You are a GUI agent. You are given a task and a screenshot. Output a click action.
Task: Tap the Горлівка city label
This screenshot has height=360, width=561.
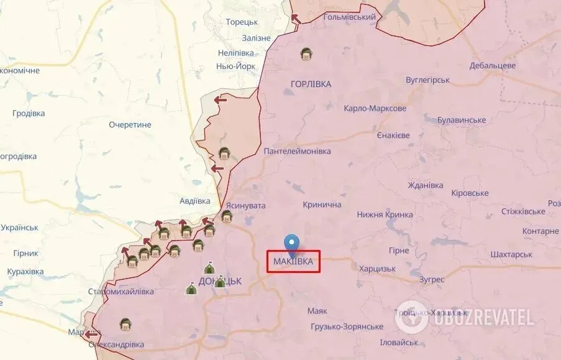click(311, 84)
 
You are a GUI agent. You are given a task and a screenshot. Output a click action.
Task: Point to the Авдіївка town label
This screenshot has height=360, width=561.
click(194, 201)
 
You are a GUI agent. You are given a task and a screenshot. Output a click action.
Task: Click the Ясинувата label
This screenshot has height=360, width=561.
click(245, 205)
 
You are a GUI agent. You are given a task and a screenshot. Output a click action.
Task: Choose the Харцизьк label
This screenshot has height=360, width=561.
click(377, 269)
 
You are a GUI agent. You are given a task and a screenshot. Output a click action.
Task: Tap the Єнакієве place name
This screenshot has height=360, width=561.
click(393, 135)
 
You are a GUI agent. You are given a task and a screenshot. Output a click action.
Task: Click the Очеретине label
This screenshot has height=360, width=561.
click(130, 124)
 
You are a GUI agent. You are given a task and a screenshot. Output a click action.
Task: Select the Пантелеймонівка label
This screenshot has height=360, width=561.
click(297, 151)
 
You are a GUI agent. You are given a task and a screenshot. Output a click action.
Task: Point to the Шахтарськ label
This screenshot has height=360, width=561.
click(511, 254)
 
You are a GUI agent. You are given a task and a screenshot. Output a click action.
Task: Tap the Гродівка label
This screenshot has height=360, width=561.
click(29, 113)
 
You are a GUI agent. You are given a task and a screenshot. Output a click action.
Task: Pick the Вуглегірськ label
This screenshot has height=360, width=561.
click(427, 80)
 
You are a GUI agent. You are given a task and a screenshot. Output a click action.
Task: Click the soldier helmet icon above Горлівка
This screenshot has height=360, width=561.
click(306, 55)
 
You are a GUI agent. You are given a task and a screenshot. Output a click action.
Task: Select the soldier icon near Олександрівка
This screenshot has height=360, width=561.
click(125, 324)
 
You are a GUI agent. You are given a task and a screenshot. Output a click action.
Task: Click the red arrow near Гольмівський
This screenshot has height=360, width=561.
click(296, 19)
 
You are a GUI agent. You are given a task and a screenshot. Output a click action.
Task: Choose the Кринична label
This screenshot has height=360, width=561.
click(322, 205)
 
